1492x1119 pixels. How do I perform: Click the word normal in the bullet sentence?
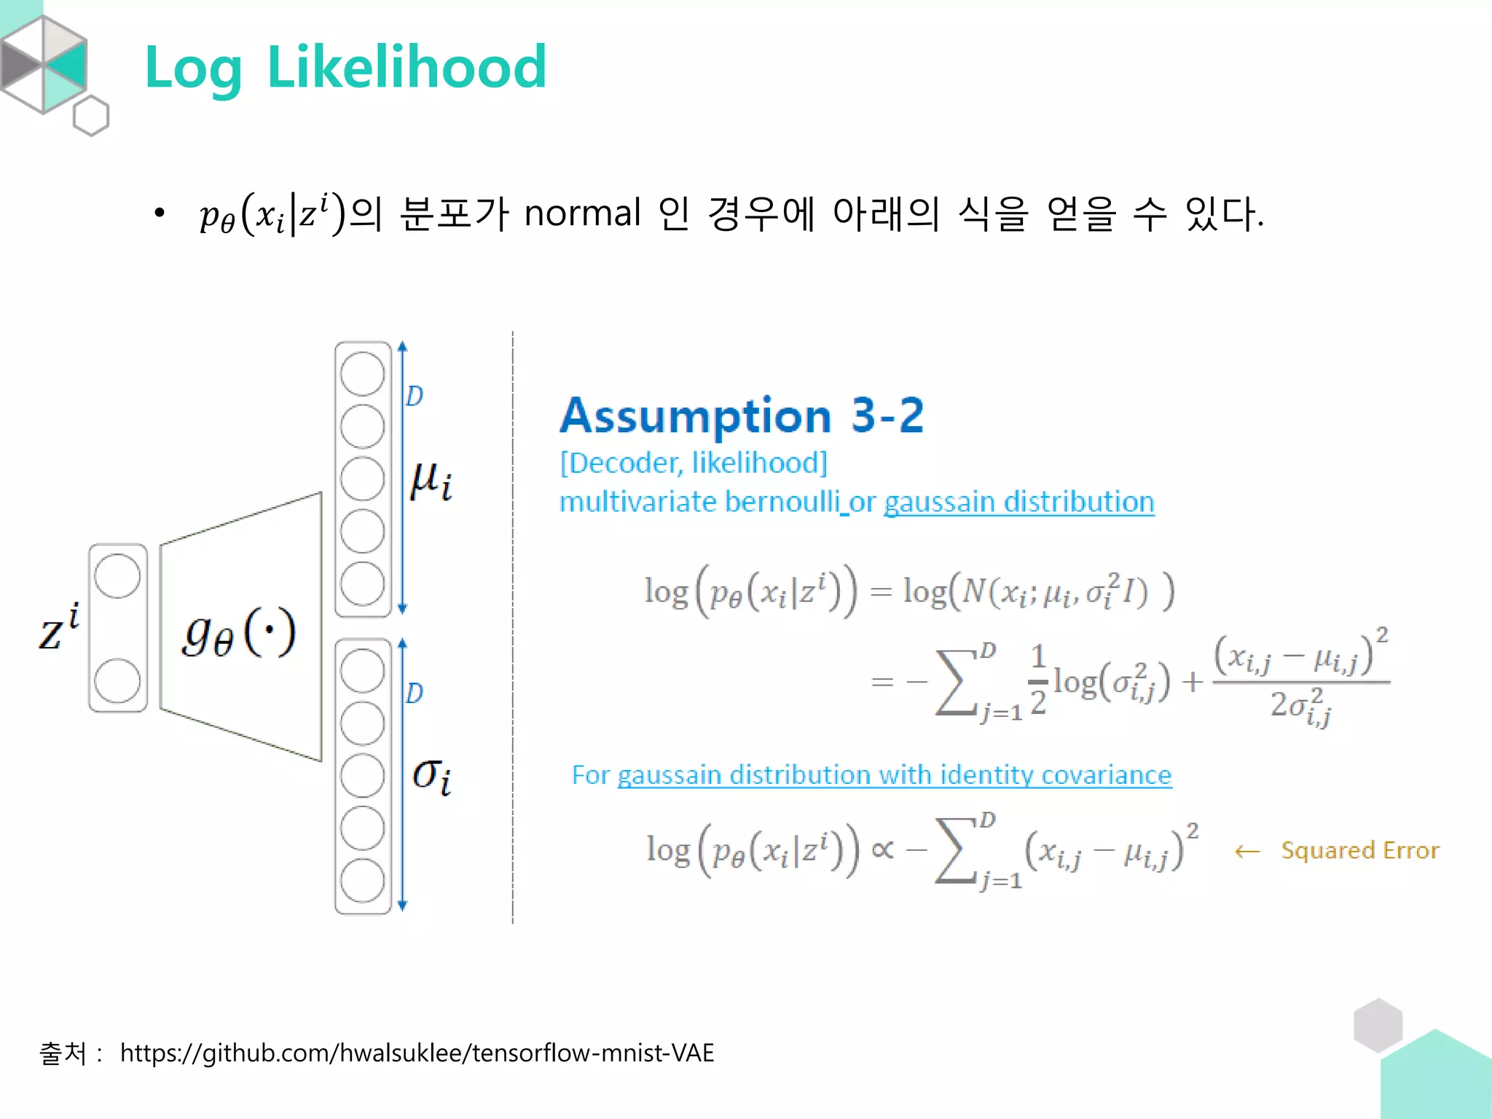click(582, 213)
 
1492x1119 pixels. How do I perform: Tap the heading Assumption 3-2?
click(742, 415)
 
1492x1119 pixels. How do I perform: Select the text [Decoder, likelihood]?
click(694, 463)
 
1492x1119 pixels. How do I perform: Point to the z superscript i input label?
click(58, 628)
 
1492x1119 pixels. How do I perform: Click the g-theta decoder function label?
click(239, 632)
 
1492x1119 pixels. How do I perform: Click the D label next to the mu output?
click(415, 396)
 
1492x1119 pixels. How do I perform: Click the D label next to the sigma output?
click(415, 693)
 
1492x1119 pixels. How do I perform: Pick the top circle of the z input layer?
click(117, 576)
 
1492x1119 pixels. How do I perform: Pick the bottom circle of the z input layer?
click(117, 680)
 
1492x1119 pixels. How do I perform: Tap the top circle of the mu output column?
click(362, 374)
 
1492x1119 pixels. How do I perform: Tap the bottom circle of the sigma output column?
click(362, 881)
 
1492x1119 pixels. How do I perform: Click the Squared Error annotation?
click(1360, 850)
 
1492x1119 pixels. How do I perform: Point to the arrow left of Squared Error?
click(1247, 851)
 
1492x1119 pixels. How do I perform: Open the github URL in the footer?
click(417, 1053)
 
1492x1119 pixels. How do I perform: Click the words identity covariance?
click(1056, 774)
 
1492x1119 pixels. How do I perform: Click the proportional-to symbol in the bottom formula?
click(882, 849)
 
